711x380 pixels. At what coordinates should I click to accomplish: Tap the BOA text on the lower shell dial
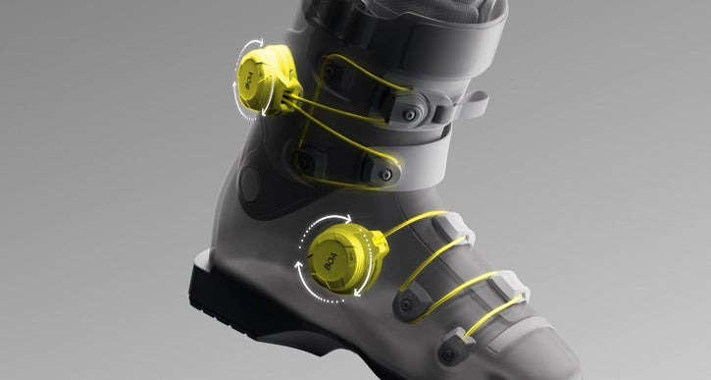(331, 261)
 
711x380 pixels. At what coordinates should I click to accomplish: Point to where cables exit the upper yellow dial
(288, 96)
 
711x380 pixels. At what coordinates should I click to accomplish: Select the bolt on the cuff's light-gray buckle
(410, 114)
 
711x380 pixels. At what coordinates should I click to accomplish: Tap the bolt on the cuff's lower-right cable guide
(385, 174)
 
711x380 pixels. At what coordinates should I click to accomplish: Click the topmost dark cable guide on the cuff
(332, 71)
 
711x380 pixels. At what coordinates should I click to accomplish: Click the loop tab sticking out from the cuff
(474, 103)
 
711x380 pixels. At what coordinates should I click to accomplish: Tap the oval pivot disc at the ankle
(249, 185)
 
